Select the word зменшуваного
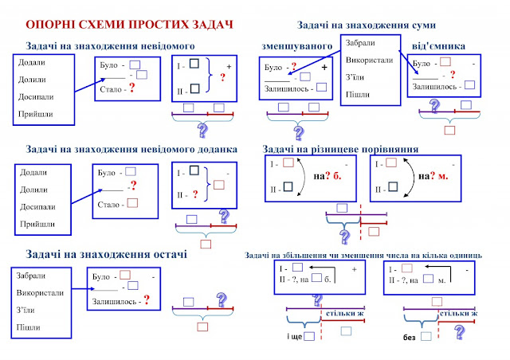coord(296,46)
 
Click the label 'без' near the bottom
coord(410,337)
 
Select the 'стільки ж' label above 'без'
coord(457,315)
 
